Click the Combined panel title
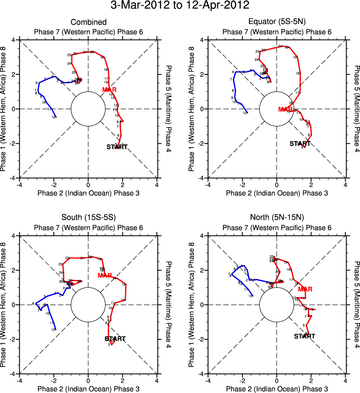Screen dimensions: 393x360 point(88,23)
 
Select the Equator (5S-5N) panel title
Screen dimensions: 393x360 point(277,23)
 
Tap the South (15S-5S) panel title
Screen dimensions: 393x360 point(88,218)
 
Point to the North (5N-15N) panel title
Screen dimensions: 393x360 point(277,218)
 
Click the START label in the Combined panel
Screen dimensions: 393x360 point(117,147)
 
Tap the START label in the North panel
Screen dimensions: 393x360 point(304,336)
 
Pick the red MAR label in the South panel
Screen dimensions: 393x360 point(105,276)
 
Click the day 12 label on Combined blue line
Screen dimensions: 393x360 point(53,117)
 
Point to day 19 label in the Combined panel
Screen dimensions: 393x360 point(102,58)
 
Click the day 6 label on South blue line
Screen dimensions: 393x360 point(33,303)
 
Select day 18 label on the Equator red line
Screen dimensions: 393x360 point(297,73)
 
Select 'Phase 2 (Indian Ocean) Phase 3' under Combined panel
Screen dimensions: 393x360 point(88,193)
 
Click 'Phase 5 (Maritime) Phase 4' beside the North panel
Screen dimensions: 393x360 point(356,304)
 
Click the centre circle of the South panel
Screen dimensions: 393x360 point(88,304)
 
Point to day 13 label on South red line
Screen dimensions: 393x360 point(123,284)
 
